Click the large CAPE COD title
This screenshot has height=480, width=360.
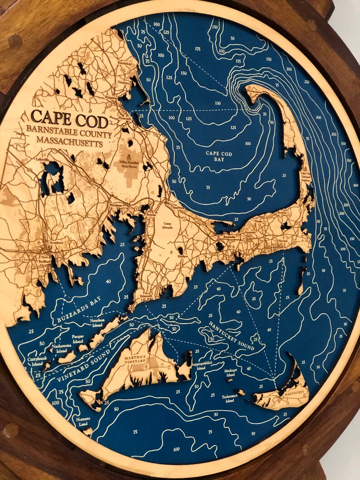(70, 120)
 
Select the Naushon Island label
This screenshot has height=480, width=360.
(94, 322)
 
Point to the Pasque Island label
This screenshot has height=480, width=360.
(78, 338)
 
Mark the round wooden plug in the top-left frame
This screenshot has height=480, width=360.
(15, 42)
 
